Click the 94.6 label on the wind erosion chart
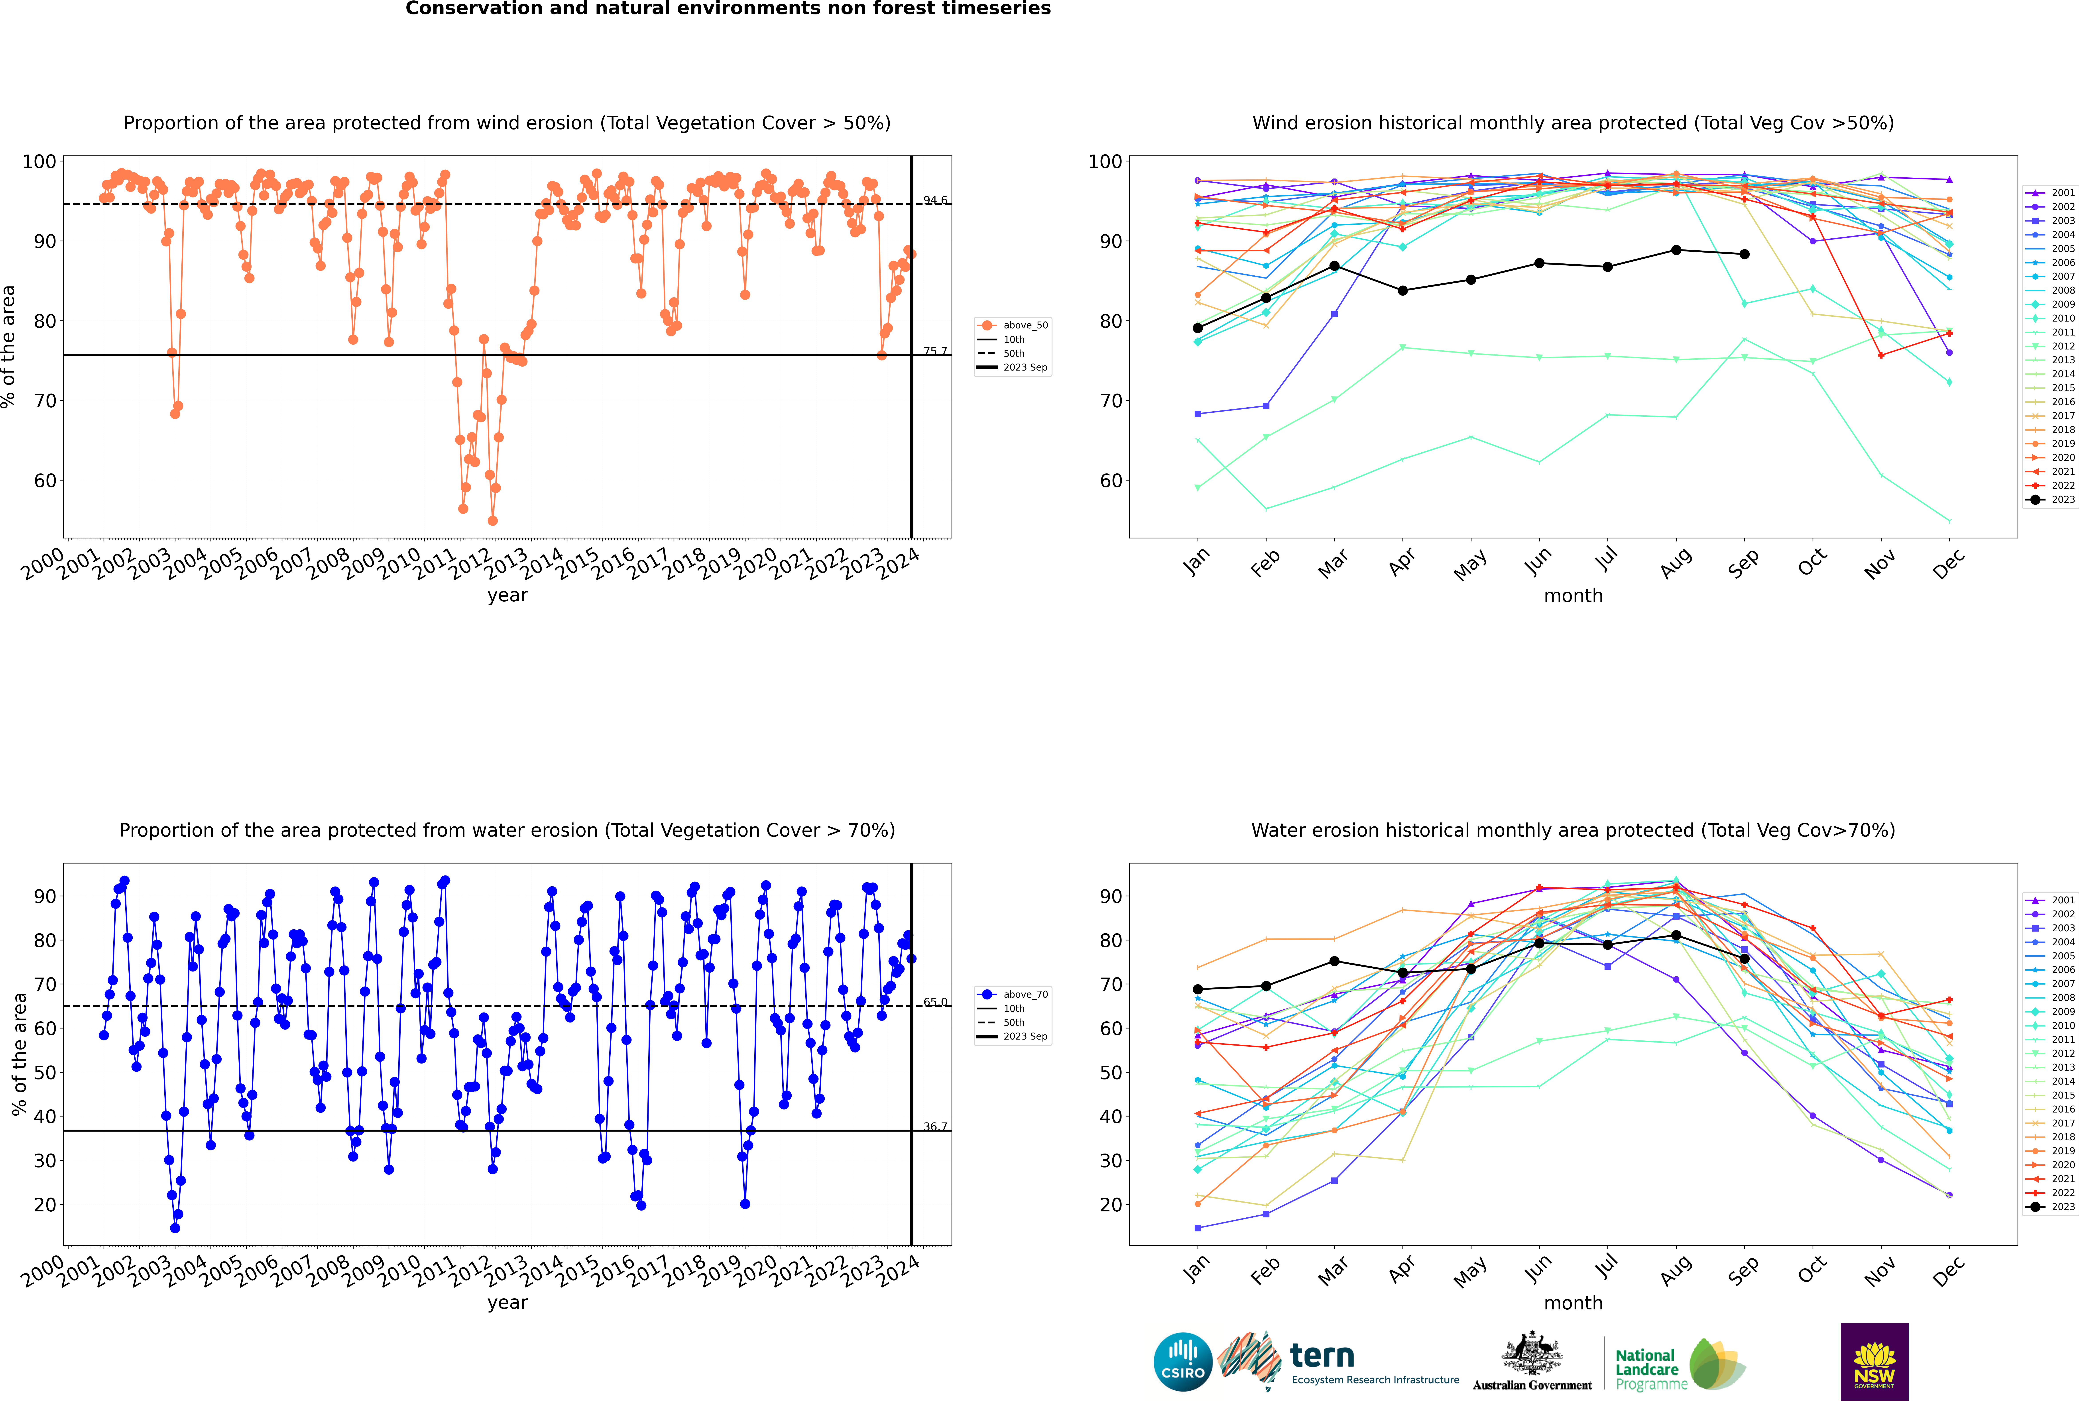click(935, 200)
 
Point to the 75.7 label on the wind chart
click(935, 351)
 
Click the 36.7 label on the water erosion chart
click(935, 1127)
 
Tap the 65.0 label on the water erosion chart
click(935, 1003)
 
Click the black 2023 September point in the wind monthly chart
click(1744, 255)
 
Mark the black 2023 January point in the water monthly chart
click(1198, 989)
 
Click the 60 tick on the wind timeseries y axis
click(45, 481)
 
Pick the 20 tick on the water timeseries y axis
click(45, 1205)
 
